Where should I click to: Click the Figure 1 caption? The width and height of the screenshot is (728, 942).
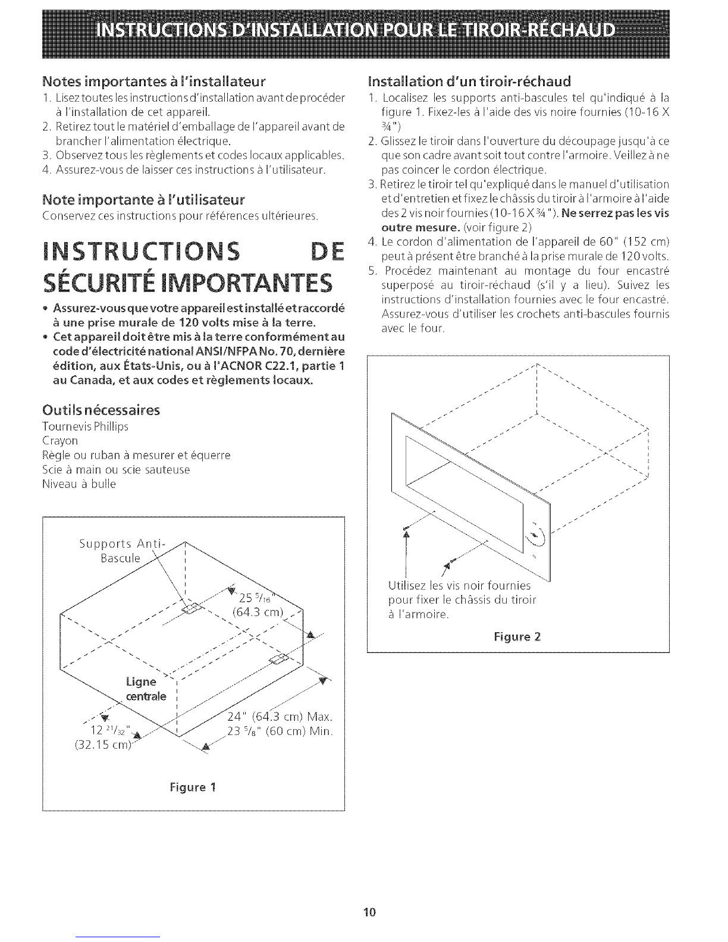coord(193,787)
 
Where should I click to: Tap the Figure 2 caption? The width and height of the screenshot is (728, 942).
coord(517,636)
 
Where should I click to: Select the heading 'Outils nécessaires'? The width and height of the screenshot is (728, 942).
coord(101,410)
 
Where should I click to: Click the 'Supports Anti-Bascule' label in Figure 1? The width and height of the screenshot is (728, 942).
coord(121,551)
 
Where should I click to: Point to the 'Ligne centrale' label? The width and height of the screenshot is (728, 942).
coord(146,689)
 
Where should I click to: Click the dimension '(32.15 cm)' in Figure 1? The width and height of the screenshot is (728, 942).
coord(103,745)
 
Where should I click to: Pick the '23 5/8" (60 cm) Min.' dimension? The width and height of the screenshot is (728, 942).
coord(280,731)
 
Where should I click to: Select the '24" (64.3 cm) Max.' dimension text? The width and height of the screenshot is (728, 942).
coord(280,715)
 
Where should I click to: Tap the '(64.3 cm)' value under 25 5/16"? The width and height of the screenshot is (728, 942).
coord(258,613)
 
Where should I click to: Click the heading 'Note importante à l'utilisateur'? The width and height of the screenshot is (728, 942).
coord(143,199)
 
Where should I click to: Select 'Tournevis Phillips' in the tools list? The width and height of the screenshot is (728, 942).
coord(86,426)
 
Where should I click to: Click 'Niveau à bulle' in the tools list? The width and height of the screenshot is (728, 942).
coord(79,484)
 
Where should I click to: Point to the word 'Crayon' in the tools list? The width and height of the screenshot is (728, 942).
coord(60,441)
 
